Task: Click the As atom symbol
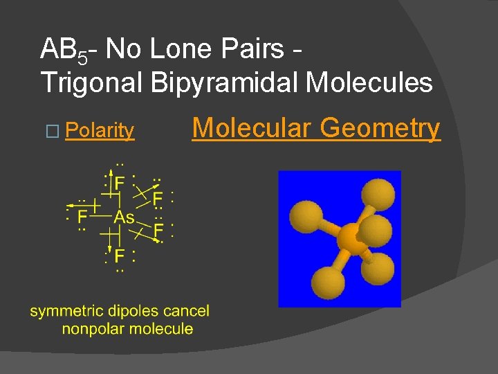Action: [x=124, y=217]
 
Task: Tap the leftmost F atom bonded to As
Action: [x=82, y=217]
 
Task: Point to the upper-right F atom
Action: [x=158, y=199]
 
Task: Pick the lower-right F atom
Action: [x=158, y=229]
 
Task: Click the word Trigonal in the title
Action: [x=91, y=84]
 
